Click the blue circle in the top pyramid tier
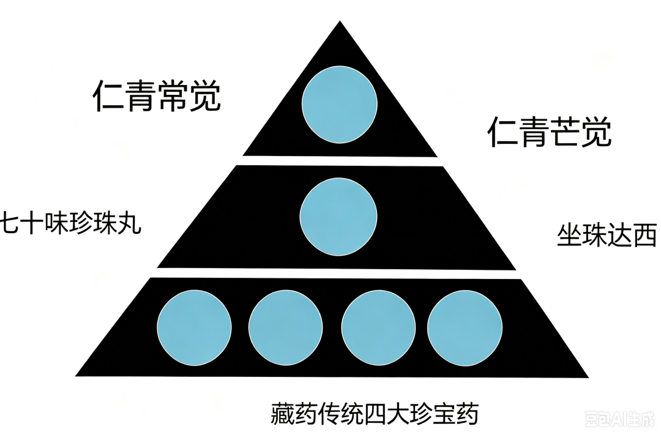[339, 105]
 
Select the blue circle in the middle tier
[338, 217]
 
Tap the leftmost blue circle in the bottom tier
[194, 327]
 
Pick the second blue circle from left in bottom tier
[285, 328]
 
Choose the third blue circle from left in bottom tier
[378, 328]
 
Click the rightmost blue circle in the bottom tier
[465, 328]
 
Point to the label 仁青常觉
[157, 96]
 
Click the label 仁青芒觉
[549, 132]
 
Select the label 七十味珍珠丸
[70, 223]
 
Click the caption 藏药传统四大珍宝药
[375, 414]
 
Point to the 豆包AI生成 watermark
[620, 420]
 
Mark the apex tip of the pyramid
[340, 21]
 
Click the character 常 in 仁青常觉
[173, 97]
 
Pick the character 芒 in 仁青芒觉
[566, 132]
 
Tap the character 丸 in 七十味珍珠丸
[129, 223]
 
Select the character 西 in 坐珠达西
[646, 235]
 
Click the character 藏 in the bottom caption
[282, 414]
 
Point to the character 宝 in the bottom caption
[444, 415]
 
